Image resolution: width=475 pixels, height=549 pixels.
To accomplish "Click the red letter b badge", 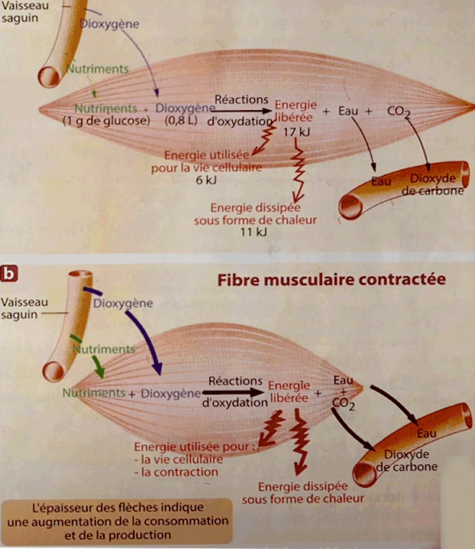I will pyautogui.click(x=11, y=271).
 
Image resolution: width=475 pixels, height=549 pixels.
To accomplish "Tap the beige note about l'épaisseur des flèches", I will pyautogui.click(x=115, y=520).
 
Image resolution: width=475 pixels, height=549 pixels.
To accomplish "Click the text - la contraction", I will pyautogui.click(x=176, y=473).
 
